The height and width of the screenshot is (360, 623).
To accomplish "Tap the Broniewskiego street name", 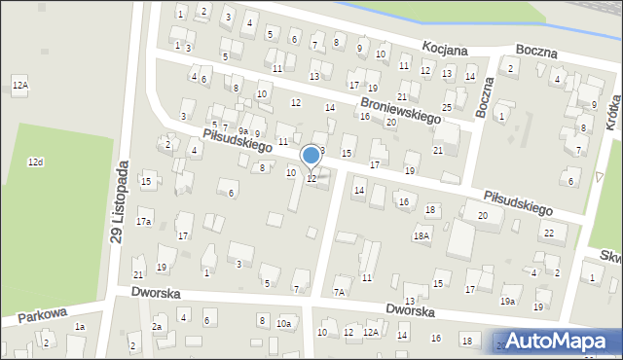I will coord(400,108).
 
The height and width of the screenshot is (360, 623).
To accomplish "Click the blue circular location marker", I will coord(311,156).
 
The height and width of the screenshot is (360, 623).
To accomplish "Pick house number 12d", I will coord(35,162).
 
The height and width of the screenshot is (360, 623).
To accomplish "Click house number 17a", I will coord(144,222).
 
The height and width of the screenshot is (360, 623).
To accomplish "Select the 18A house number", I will coord(421,234).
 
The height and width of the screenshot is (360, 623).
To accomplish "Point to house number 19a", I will coord(508,302).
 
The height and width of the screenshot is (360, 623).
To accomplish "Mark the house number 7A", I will coord(340,292).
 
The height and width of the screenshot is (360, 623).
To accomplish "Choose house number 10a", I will coord(283,323).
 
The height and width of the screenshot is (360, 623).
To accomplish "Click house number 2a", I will coord(156,327).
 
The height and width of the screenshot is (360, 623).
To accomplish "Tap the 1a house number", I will coord(81,327).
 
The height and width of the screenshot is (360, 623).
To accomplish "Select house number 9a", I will coord(243,130).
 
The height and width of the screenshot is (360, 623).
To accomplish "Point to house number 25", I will coord(447,107).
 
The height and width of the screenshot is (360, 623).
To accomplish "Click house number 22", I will coord(549,233).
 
